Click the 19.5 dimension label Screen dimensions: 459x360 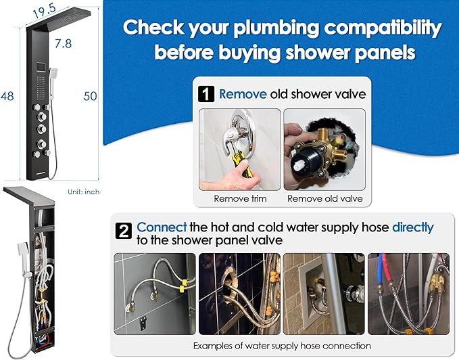point(44,11)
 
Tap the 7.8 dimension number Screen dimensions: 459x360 point(64,43)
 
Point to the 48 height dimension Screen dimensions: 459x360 point(7,96)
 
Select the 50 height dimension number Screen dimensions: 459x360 point(90,96)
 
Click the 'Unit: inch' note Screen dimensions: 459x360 point(84,192)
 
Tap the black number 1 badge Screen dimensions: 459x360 point(206,94)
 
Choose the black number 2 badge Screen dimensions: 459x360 point(124,231)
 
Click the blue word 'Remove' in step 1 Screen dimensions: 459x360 point(243,94)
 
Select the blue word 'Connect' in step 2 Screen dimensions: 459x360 point(162,227)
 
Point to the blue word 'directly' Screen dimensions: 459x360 point(413,228)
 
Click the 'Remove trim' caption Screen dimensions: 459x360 point(240,198)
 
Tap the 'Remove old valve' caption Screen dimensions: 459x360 point(325,198)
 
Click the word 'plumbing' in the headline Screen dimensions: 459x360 point(276,28)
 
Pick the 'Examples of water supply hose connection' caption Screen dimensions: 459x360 point(282,346)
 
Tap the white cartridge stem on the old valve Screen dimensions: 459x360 point(299,167)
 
